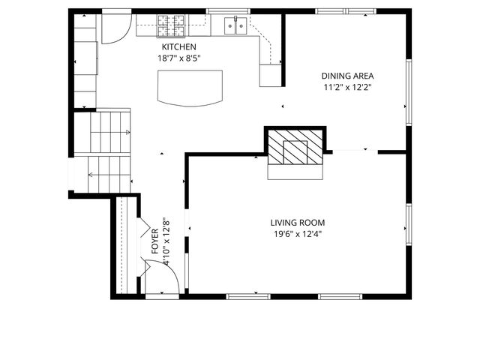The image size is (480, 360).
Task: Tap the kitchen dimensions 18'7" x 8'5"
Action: click(178, 58)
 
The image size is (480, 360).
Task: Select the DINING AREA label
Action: click(347, 76)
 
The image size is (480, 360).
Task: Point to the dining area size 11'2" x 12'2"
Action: click(347, 87)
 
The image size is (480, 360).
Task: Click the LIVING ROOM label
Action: click(298, 223)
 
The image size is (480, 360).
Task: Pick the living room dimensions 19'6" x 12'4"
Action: click(298, 234)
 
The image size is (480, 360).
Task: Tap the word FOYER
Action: click(155, 242)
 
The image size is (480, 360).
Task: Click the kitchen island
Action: click(190, 87)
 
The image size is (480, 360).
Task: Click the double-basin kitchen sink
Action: click(236, 27)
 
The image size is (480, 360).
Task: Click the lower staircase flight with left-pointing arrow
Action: click(109, 175)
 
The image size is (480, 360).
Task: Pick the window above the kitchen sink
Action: click(228, 11)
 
